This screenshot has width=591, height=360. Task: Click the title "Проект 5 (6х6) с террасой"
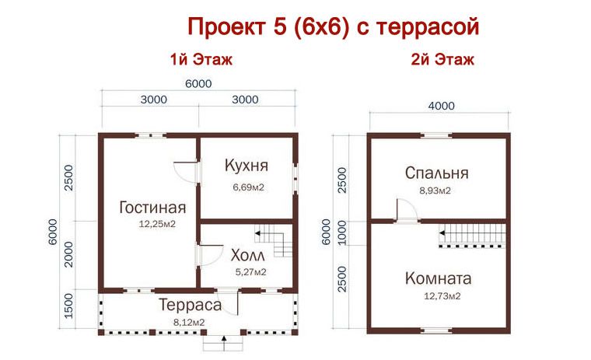pyautogui.click(x=332, y=26)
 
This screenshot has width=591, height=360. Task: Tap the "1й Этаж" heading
pyautogui.click(x=201, y=59)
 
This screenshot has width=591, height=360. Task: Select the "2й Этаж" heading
pyautogui.click(x=442, y=59)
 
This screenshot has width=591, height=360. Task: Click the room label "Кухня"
pyautogui.click(x=247, y=166)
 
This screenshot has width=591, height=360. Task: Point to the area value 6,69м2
pyautogui.click(x=247, y=187)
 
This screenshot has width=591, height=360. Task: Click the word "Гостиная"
pyautogui.click(x=152, y=208)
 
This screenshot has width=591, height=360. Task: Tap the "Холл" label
pyautogui.click(x=248, y=255)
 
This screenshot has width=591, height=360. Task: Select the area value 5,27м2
pyautogui.click(x=250, y=272)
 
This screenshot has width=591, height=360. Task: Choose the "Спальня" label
pyautogui.click(x=436, y=173)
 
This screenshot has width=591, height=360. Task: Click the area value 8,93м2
pyautogui.click(x=435, y=190)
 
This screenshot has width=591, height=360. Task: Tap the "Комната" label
pyautogui.click(x=439, y=278)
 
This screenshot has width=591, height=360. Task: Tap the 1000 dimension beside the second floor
pyautogui.click(x=342, y=232)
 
